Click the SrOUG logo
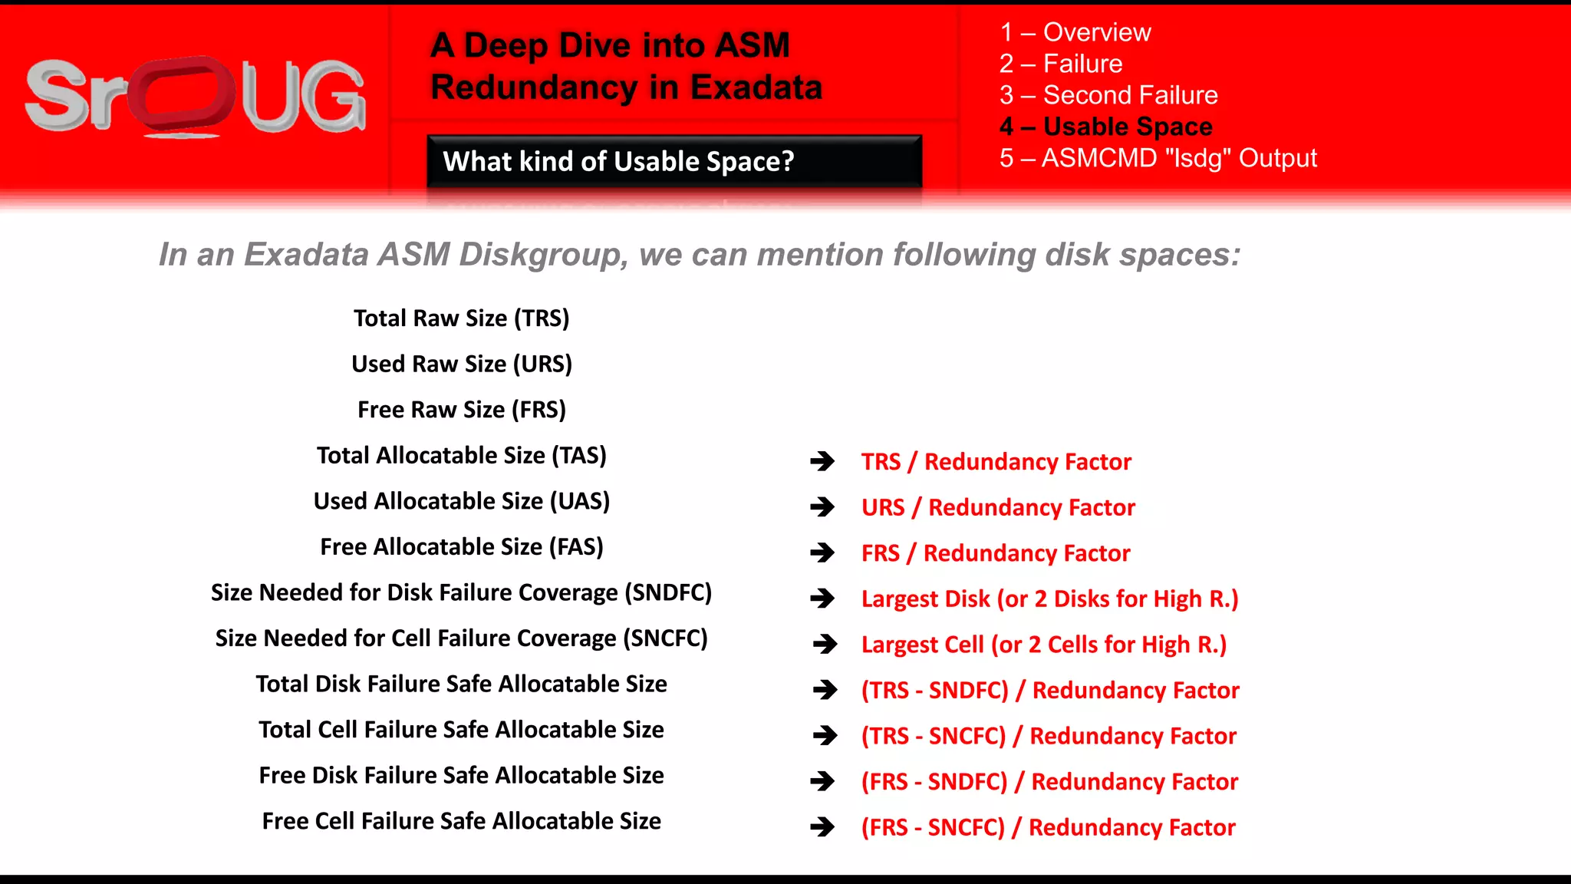196,97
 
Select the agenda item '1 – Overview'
1075,32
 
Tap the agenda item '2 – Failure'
1061,64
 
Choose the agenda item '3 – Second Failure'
1108,95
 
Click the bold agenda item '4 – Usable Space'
1106,127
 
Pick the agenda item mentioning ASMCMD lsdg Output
1158,158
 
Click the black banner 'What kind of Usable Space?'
674,161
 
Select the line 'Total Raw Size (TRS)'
461,318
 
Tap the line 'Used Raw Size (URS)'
461,364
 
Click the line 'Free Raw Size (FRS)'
461,410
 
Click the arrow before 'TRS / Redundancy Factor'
822,461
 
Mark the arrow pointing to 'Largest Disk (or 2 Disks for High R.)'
822,599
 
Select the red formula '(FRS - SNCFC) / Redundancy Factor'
1048,827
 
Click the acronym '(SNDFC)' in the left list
668,592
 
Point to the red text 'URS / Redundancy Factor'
998,507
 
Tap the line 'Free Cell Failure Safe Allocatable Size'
461,821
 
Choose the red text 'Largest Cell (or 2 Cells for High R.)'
1044,645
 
